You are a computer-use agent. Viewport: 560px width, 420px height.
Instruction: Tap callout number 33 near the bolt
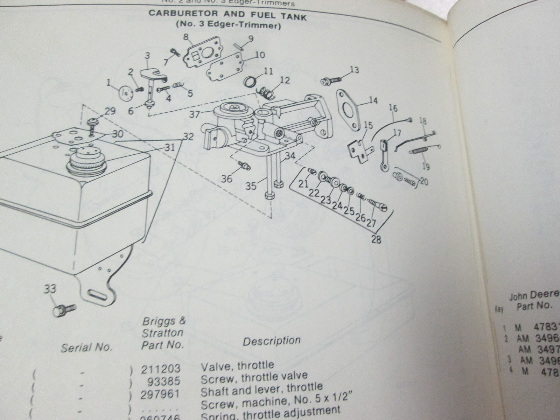coord(50,289)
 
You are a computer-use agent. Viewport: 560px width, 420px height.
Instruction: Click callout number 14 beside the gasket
coord(373,101)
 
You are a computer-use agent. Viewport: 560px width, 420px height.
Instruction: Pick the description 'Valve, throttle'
coord(237,366)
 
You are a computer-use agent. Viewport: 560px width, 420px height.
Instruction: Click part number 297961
coord(160,394)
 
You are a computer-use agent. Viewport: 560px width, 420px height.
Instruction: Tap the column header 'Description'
coord(272,341)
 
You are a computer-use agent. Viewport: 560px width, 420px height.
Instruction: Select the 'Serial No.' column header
coord(86,347)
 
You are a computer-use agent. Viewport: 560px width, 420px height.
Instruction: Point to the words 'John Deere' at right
coord(534,296)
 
